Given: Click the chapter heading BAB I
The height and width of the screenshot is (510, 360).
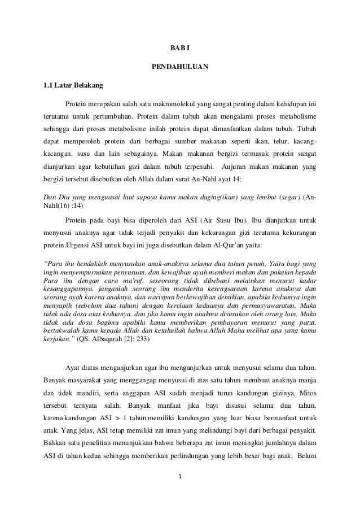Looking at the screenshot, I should click(180, 47).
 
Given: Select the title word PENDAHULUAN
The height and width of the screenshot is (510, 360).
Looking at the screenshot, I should click(180, 68).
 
